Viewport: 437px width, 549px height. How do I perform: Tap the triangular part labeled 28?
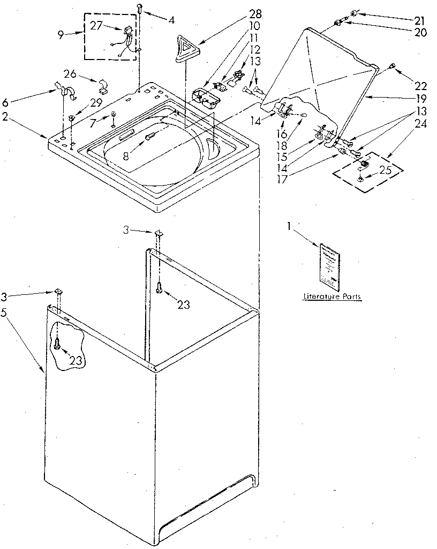(x=185, y=49)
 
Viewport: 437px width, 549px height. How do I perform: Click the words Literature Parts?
(x=331, y=296)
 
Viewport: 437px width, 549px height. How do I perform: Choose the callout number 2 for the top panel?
(x=5, y=117)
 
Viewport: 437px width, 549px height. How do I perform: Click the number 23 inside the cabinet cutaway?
(x=76, y=360)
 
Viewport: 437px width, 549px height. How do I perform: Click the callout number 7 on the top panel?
(x=94, y=124)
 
